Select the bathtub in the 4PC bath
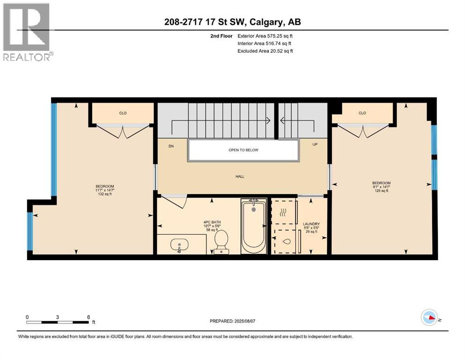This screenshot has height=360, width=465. [x=253, y=226]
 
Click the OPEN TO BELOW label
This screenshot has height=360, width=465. [x=243, y=150]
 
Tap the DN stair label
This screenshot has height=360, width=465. [x=171, y=146]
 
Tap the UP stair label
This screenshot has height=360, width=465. [x=315, y=145]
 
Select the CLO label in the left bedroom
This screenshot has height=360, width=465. [x=123, y=113]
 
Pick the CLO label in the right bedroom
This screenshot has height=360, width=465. [x=362, y=113]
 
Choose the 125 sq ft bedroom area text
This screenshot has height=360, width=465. [x=381, y=190]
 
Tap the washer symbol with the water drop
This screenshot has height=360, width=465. [x=286, y=242]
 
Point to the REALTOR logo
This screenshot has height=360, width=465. [x=27, y=33]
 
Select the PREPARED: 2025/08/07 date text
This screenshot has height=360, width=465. [x=233, y=321]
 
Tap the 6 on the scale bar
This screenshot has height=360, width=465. [x=89, y=316]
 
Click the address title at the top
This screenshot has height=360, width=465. [x=232, y=22]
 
